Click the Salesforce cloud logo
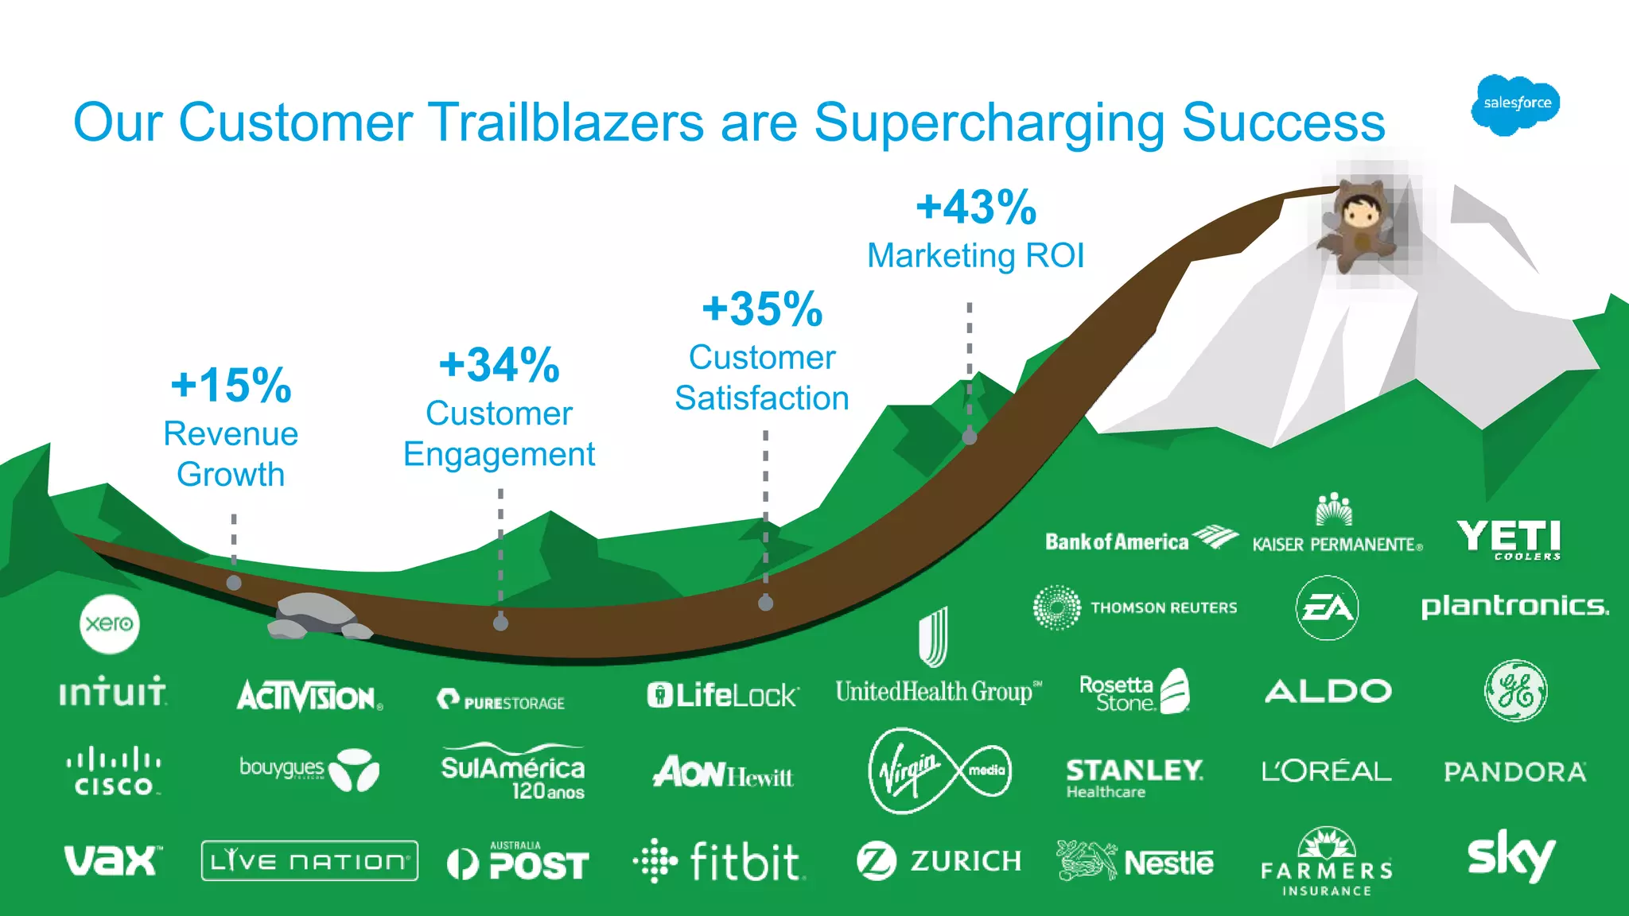(1515, 104)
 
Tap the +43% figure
(976, 208)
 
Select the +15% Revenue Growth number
(231, 386)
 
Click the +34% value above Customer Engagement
(500, 366)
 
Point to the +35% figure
(762, 309)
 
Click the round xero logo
(110, 623)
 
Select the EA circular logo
(1327, 608)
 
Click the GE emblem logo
(1515, 690)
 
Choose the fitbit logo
(721, 861)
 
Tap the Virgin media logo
(939, 770)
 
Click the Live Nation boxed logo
(309, 861)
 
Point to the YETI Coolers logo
(1509, 539)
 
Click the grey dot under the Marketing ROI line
(970, 437)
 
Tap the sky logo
(1510, 856)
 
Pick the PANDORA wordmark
(1514, 772)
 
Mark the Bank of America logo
(1141, 541)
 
